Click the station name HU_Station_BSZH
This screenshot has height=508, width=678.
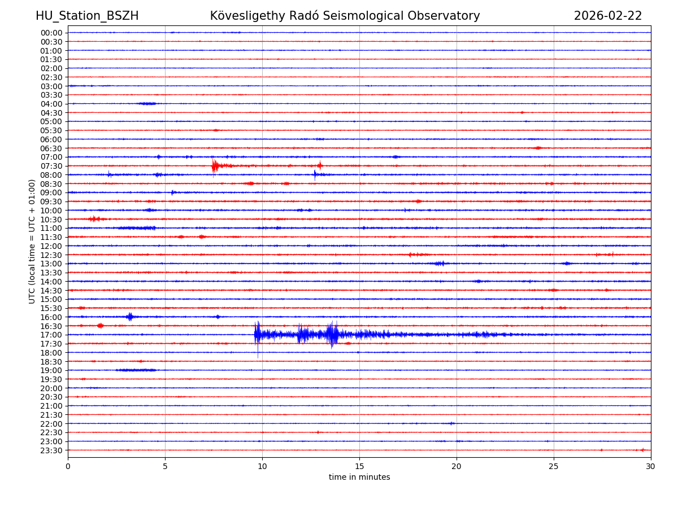[87, 16]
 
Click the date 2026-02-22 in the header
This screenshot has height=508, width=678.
[608, 16]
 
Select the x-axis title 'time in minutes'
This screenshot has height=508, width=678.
[359, 478]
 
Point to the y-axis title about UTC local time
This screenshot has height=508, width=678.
[32, 241]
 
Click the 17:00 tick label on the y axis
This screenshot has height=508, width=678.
[51, 335]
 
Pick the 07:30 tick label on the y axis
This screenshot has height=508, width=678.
[51, 166]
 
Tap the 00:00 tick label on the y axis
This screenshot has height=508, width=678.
[51, 33]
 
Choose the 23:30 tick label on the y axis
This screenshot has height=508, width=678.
[51, 450]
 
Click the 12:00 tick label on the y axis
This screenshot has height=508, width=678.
[51, 246]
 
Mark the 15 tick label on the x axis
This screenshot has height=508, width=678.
[359, 467]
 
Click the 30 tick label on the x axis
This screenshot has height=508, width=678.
[651, 467]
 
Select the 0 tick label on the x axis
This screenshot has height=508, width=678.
[68, 467]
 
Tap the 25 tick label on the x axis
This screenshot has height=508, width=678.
[554, 467]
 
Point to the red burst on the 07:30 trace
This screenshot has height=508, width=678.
[215, 165]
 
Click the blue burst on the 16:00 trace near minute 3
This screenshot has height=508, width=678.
[130, 317]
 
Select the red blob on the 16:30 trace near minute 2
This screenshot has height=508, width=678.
[100, 326]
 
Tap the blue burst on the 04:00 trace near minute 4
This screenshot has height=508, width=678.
[147, 103]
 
